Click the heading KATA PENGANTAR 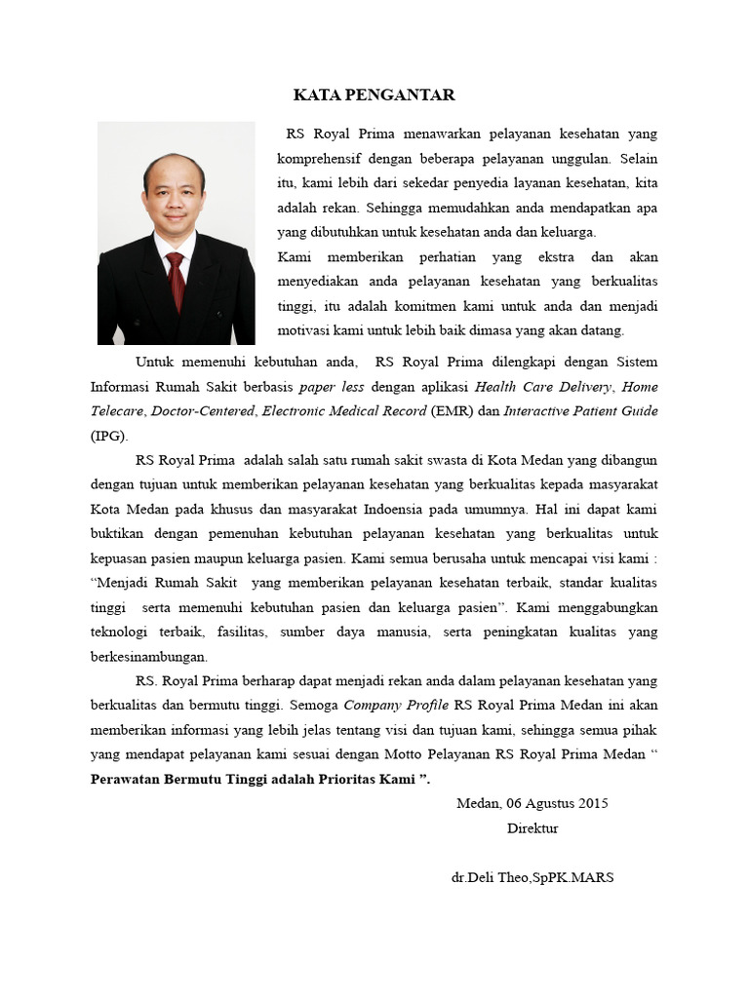point(374,96)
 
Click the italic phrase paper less point(332,385)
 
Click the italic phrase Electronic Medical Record point(344,410)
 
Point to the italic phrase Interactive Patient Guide point(580,410)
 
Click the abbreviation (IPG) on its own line point(109,436)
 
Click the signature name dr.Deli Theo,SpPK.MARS point(532,877)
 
